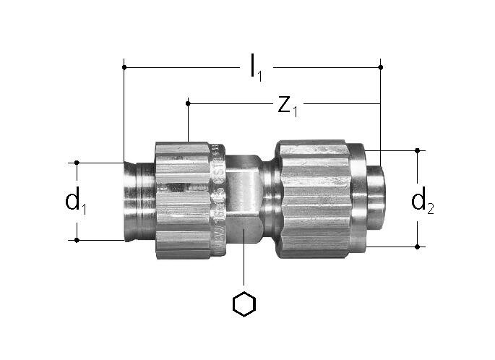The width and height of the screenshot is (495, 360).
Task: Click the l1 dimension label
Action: pos(255,67)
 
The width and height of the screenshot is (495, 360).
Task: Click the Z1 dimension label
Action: pos(288,106)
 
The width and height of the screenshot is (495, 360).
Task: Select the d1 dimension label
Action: pos(76,202)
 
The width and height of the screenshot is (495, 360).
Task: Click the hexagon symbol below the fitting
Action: pos(244,304)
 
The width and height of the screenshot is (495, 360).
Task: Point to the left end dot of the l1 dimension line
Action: pos(124,67)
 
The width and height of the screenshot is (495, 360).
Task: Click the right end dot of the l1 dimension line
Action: pos(381,67)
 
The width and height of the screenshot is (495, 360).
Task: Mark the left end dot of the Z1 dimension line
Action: pos(188,103)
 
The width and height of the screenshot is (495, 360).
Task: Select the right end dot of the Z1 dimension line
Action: pos(381,103)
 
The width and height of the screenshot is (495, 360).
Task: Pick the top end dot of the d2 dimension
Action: pos(418,150)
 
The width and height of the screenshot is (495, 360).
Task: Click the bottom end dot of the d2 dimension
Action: pos(418,247)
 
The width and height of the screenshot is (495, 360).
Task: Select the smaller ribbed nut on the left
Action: pos(181,199)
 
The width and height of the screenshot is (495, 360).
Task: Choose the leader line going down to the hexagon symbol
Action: pos(244,267)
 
